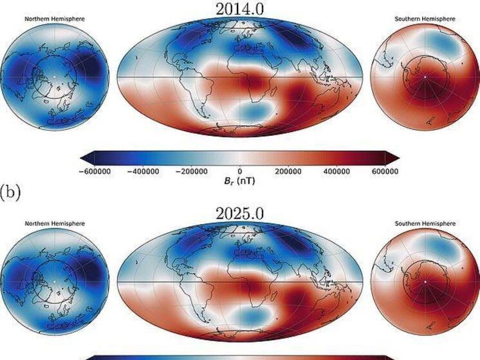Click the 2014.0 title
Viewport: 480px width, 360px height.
[240, 8]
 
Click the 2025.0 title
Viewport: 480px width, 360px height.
[240, 212]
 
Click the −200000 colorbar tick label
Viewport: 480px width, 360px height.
[194, 172]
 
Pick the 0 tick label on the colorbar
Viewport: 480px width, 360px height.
[240, 172]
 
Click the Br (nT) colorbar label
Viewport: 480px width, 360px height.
[240, 182]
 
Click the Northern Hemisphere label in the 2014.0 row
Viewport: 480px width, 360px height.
[55, 19]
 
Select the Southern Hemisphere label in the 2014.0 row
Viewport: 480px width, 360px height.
[425, 19]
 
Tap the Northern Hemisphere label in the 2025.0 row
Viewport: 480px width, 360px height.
[55, 223]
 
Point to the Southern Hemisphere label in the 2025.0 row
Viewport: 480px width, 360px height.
[425, 223]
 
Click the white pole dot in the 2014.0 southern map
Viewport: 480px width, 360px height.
[425, 77]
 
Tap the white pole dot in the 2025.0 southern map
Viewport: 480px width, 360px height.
[425, 281]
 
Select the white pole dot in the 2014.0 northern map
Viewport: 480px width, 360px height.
[55, 77]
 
